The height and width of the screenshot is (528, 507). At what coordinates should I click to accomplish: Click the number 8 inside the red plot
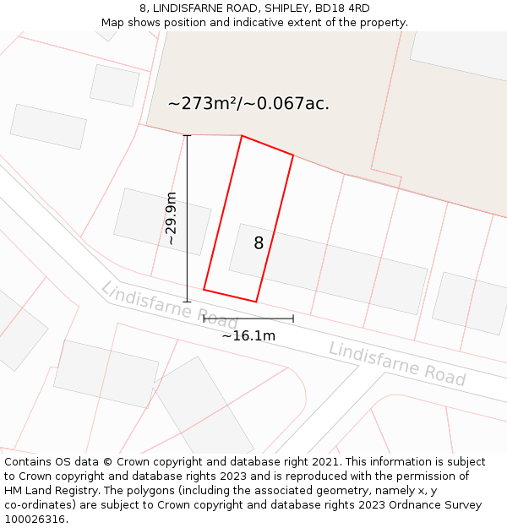click(x=259, y=243)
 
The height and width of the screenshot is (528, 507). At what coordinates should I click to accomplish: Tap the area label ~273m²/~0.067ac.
click(x=248, y=104)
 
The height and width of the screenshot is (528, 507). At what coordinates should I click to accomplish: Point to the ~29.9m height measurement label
click(x=172, y=218)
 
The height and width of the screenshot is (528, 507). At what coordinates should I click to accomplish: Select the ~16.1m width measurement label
click(x=248, y=335)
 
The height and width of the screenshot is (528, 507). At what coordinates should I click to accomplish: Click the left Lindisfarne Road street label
click(x=169, y=305)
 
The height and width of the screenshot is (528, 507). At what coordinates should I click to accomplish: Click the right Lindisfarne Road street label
click(x=397, y=363)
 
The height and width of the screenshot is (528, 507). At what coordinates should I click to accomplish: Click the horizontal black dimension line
click(x=248, y=318)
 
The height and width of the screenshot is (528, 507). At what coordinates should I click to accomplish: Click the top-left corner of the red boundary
click(x=242, y=136)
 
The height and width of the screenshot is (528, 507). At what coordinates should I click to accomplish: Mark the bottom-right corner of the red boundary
click(x=256, y=301)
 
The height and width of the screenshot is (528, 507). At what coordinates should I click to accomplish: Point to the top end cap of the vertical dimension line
click(x=188, y=136)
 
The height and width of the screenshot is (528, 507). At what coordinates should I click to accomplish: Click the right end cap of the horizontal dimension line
click(x=293, y=318)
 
